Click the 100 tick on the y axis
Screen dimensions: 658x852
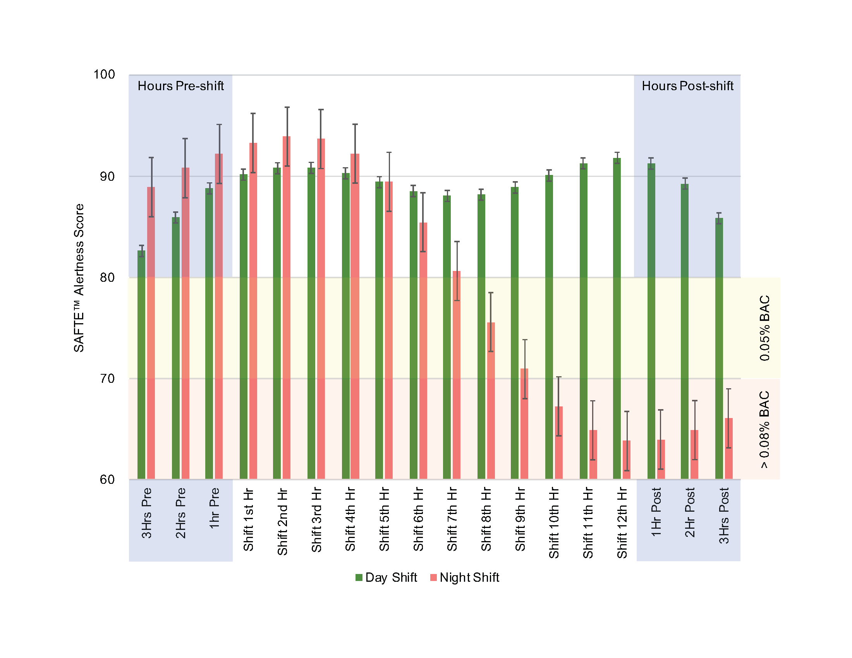104,74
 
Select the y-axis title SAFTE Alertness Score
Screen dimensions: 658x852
79,278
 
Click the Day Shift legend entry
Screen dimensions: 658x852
386,577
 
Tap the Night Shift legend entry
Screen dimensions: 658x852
465,577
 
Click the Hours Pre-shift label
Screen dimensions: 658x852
180,86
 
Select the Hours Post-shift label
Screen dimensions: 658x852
687,86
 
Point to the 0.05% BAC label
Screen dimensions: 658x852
764,328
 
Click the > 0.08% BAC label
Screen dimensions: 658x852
764,429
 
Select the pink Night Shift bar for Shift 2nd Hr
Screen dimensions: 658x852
286,308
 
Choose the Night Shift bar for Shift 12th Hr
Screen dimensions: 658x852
627,459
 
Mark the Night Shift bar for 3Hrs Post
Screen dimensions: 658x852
728,448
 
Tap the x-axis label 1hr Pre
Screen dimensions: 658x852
214,508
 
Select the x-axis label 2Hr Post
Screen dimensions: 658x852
690,512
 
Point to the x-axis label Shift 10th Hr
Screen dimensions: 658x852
554,523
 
